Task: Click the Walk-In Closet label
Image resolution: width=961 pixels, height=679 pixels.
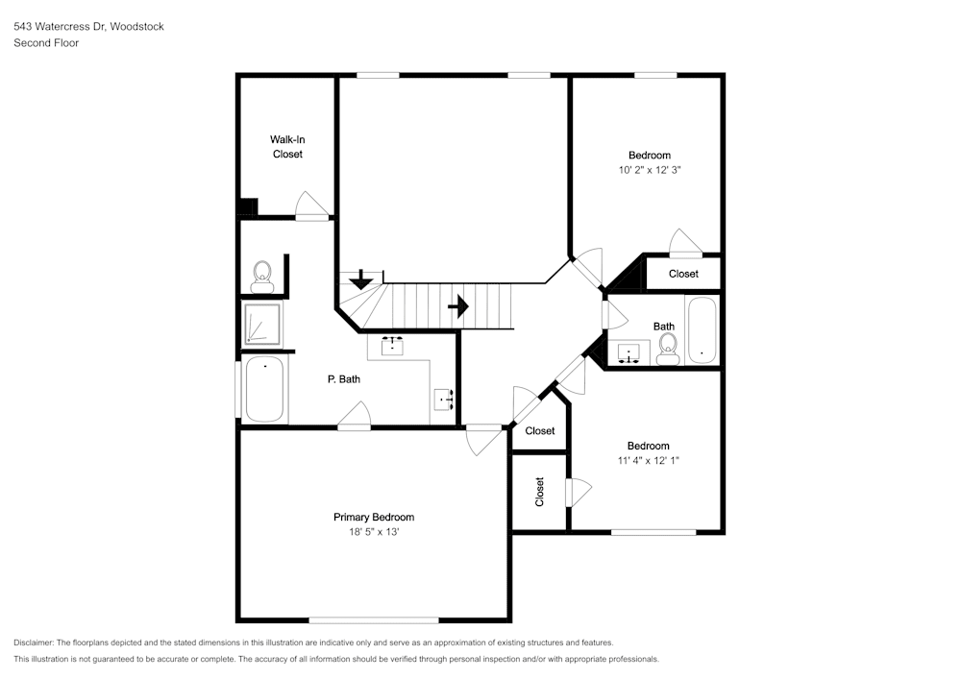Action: click(287, 147)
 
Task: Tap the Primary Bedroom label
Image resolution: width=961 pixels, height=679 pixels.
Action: click(374, 518)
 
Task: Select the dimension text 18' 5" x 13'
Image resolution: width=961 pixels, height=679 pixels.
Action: click(374, 532)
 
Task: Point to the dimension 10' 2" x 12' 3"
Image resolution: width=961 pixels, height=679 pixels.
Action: click(650, 170)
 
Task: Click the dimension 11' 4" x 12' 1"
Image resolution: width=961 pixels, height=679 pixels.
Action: click(649, 460)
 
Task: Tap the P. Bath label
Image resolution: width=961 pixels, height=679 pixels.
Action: click(344, 379)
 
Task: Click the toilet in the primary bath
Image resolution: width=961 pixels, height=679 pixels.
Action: click(262, 278)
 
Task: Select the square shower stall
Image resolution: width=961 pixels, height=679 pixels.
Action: click(263, 323)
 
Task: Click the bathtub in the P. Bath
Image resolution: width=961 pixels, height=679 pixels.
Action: click(265, 389)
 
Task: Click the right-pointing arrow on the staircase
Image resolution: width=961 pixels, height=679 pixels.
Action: click(458, 305)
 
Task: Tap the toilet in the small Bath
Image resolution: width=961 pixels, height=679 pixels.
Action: click(668, 350)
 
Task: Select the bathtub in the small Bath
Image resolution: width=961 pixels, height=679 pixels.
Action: click(702, 330)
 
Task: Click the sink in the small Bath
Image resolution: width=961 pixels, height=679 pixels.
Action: click(628, 353)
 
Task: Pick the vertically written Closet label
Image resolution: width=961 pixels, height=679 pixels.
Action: click(539, 492)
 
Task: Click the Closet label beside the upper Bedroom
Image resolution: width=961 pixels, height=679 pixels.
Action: click(683, 274)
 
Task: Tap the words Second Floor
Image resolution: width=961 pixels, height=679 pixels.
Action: click(46, 43)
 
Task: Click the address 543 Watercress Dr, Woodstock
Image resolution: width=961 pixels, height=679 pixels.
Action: click(88, 26)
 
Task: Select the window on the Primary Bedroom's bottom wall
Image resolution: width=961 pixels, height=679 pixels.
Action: click(374, 620)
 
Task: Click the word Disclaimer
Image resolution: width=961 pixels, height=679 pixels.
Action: click(34, 643)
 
